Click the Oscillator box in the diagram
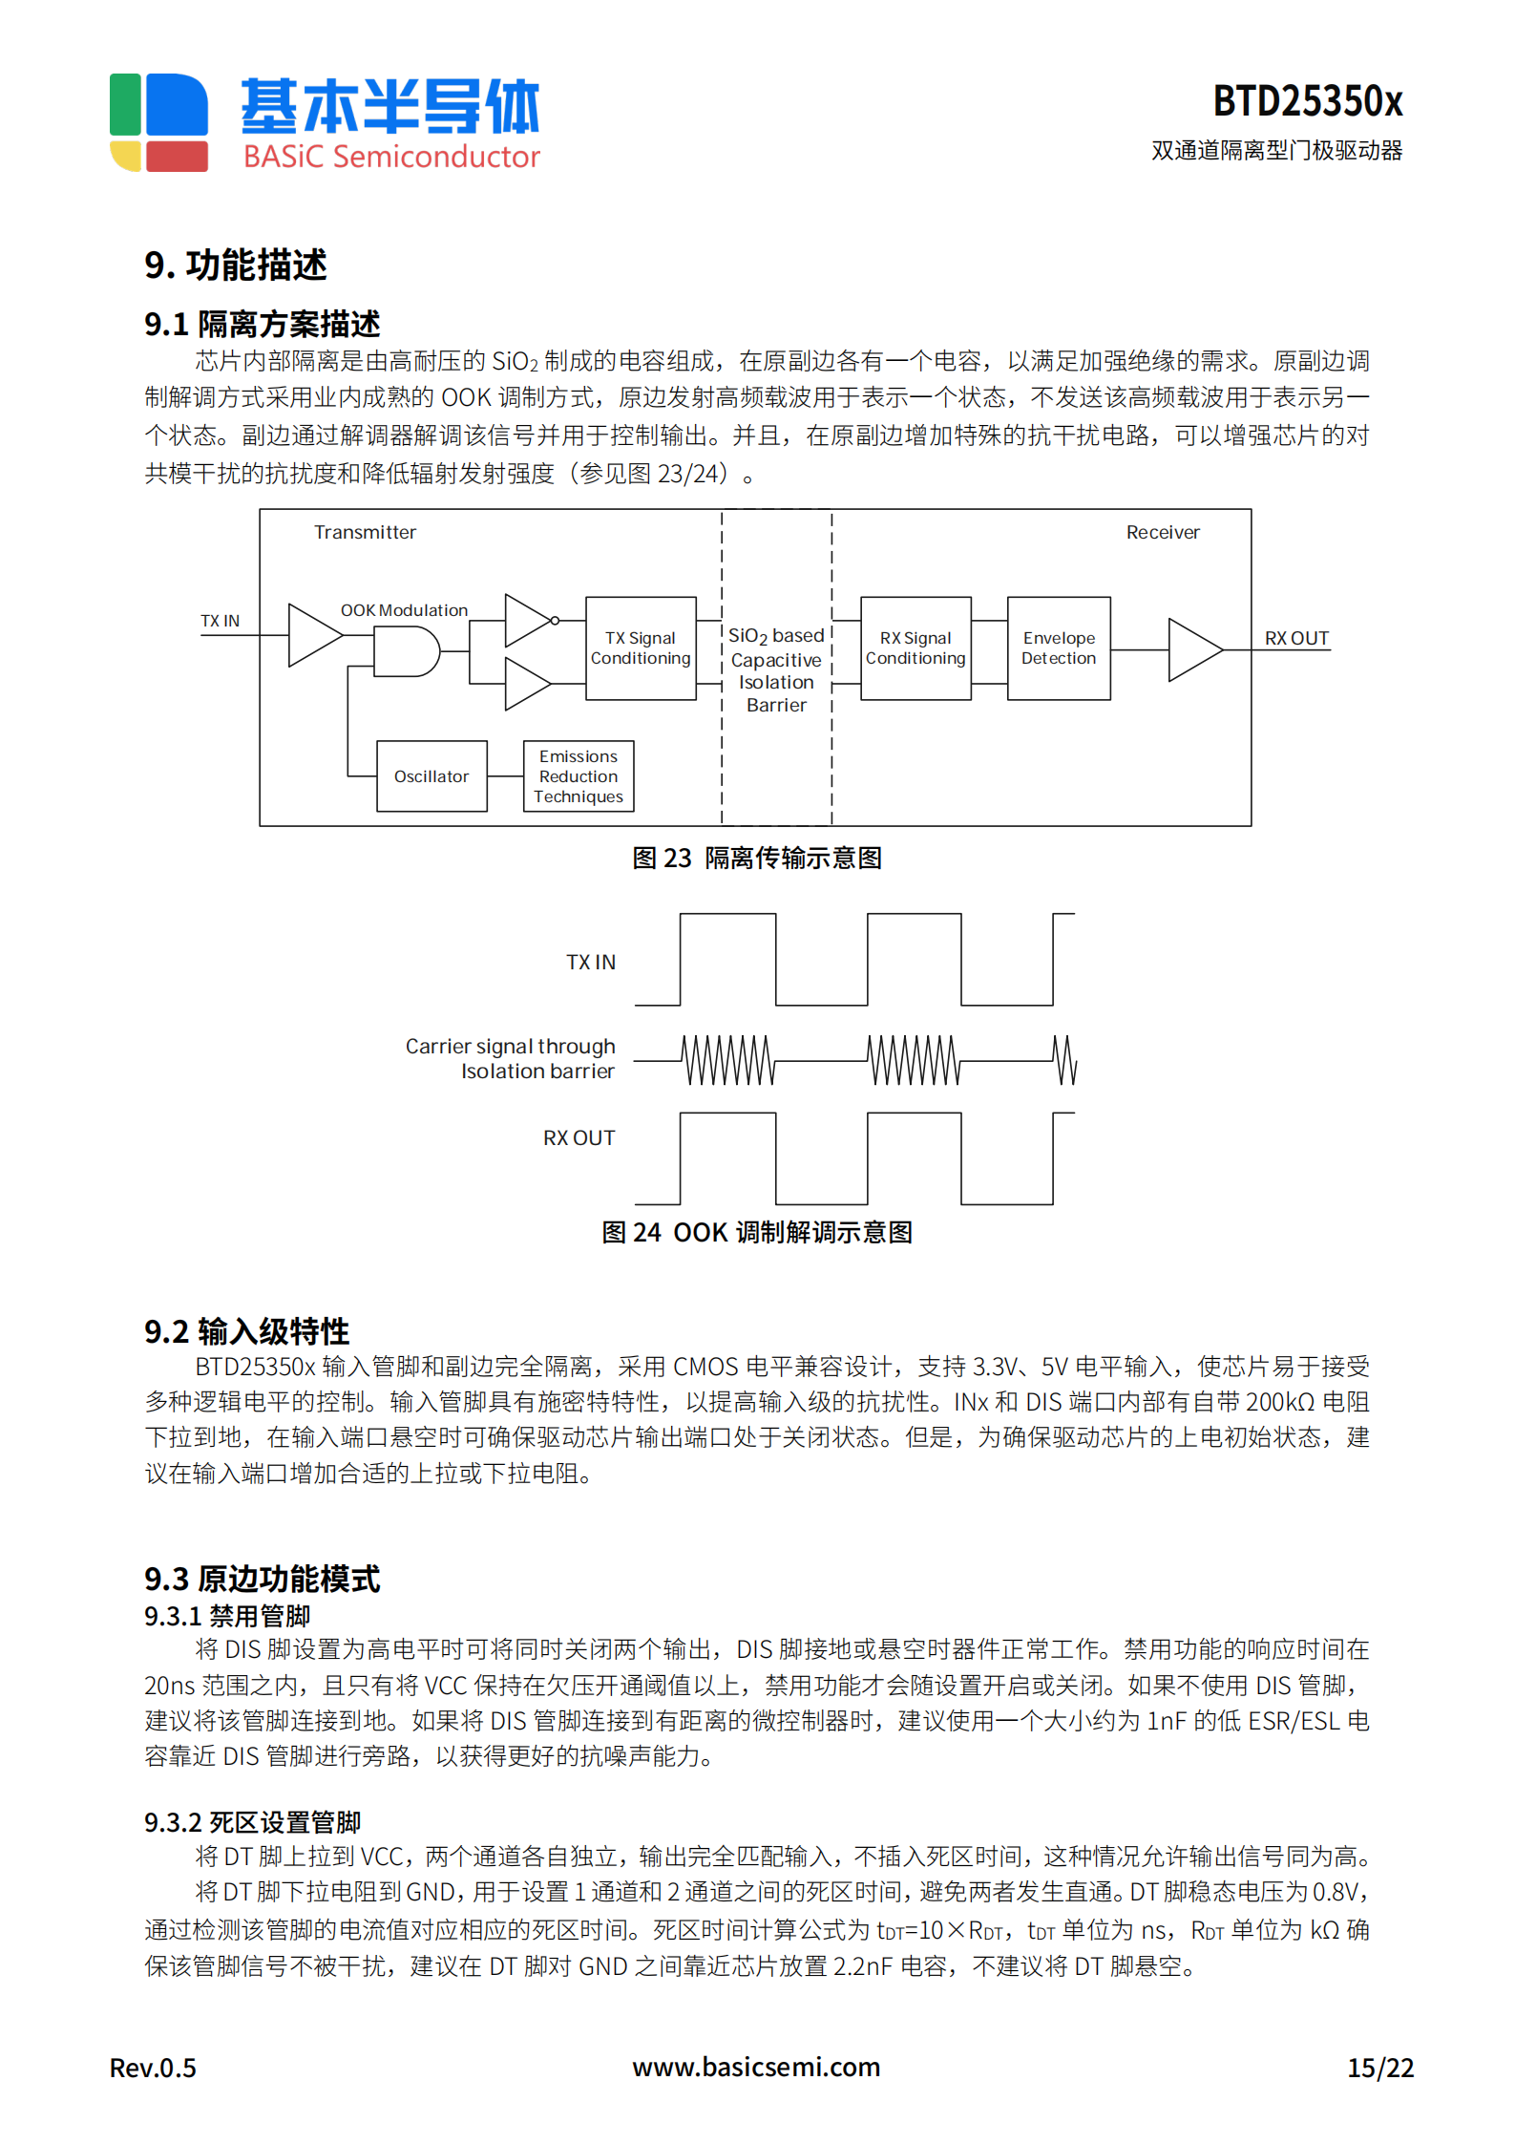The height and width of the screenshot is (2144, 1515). click(431, 776)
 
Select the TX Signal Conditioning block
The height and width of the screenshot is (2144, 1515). click(641, 648)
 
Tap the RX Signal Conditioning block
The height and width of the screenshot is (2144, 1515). click(915, 648)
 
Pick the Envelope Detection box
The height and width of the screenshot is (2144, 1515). click(1059, 648)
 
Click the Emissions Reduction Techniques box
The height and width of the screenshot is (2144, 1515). click(579, 776)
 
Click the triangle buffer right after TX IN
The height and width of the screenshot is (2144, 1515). click(313, 635)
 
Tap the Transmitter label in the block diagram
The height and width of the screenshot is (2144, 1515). click(365, 532)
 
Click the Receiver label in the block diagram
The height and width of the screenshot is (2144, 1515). click(1163, 532)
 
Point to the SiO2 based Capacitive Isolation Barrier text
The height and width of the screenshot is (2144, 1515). click(776, 669)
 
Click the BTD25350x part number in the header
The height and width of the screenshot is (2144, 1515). click(1307, 101)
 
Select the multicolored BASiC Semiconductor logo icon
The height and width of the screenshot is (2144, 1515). click(158, 122)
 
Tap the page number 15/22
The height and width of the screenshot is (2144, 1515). click(1379, 2068)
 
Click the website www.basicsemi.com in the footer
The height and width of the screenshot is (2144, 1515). click(756, 2067)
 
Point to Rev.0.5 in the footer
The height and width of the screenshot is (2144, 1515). click(153, 2068)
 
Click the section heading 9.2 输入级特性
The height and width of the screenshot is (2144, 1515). click(246, 1330)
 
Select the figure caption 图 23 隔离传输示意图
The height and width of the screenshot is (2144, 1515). click(756, 858)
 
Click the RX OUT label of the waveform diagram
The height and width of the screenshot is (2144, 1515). click(579, 1137)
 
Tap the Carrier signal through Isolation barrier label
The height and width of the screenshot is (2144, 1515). click(511, 1058)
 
